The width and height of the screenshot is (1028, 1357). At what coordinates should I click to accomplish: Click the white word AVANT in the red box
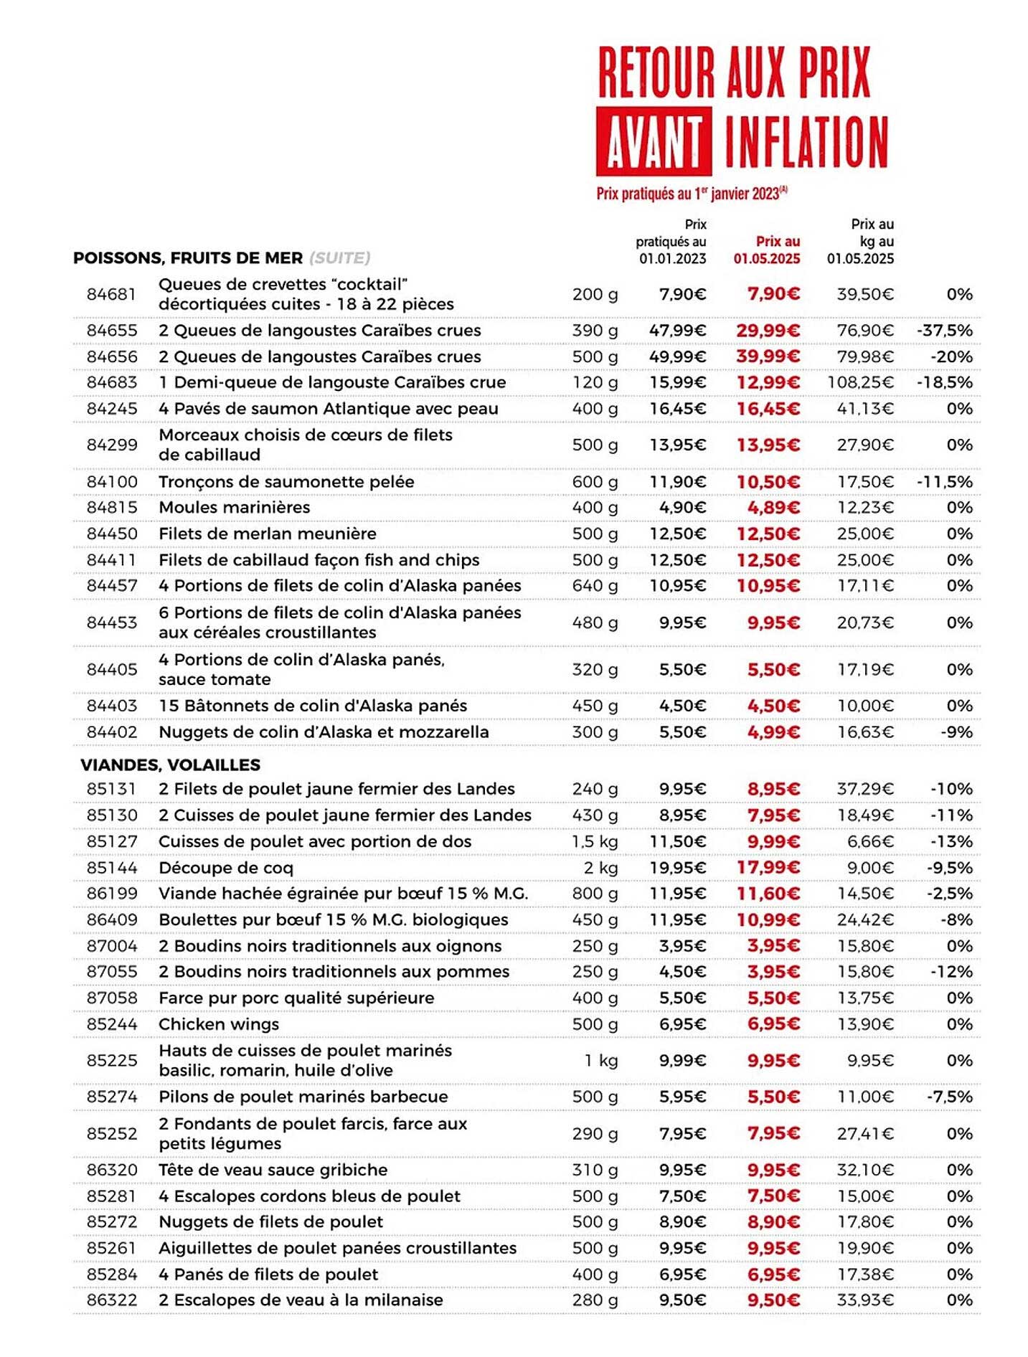tap(653, 141)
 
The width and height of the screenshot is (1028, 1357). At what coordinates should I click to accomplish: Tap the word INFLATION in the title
tap(806, 141)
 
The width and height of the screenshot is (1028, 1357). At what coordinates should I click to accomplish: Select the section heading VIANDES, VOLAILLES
tap(170, 765)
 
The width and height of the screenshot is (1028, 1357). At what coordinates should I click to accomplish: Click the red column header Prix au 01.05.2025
tap(766, 250)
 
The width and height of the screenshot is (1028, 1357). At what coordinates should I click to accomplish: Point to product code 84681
tap(111, 294)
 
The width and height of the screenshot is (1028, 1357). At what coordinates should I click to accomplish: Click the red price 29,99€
tap(768, 331)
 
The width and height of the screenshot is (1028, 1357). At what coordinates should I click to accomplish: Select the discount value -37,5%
tap(944, 331)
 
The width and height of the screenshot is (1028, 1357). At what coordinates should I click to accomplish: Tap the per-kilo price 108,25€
tap(860, 382)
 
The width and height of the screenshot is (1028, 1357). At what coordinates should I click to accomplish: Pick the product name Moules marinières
tap(235, 507)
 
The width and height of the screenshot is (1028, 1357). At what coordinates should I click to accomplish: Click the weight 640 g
tap(595, 586)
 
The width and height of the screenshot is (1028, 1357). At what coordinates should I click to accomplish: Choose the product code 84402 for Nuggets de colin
tap(111, 732)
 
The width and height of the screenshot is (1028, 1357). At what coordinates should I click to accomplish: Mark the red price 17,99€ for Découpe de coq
tap(768, 868)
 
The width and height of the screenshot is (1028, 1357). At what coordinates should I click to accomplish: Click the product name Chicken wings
tap(219, 1024)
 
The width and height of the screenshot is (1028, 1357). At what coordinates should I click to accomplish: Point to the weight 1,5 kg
tap(595, 841)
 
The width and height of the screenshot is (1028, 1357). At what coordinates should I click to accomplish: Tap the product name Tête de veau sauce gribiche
tap(273, 1170)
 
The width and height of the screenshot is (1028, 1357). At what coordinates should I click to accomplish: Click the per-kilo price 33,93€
tap(865, 1300)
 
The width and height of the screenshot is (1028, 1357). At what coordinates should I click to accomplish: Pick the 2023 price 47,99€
tap(677, 331)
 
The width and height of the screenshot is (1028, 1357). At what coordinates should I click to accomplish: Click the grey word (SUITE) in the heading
tap(340, 257)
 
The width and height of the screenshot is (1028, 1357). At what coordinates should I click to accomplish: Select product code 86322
tap(111, 1300)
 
